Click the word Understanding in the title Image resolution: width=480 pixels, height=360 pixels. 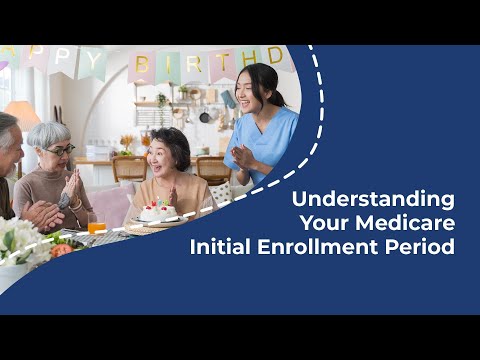[372, 198]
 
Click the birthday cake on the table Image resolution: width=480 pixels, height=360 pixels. [156, 211]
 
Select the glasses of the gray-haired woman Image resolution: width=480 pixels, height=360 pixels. [59, 150]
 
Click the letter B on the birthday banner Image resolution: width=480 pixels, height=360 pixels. [142, 66]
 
